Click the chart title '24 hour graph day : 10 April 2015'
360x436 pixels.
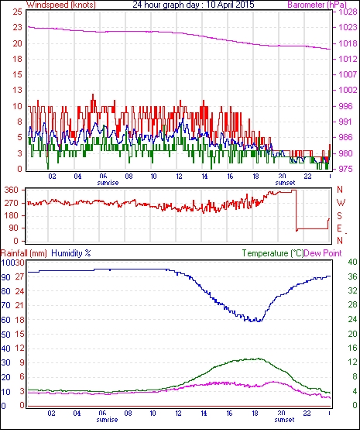coord(194,5)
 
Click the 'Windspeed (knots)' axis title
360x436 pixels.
coord(61,5)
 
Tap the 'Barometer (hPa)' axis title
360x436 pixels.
coord(317,5)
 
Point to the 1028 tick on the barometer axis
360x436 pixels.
coord(348,12)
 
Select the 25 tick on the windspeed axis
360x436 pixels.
coord(17,12)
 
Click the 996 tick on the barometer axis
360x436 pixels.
coord(345,106)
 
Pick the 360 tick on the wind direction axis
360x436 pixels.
coord(12,191)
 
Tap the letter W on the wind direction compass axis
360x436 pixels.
coord(341,203)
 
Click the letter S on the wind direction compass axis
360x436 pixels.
coord(339,215)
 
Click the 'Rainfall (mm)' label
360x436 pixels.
coord(24,253)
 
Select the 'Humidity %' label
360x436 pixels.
coord(71,253)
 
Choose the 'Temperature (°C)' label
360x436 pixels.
coord(273,253)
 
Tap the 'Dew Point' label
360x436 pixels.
coord(323,253)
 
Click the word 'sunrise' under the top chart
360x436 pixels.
coord(108,183)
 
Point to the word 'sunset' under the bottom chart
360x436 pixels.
coord(284,419)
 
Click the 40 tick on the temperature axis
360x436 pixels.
coord(353,262)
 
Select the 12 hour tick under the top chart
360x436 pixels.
coord(179,177)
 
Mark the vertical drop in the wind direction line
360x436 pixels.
coord(297,210)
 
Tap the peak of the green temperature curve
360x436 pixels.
coord(259,359)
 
